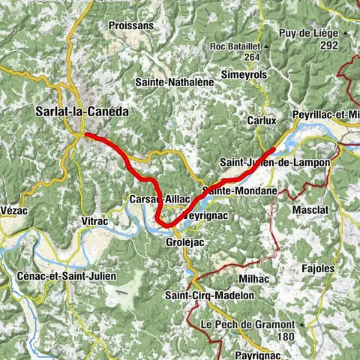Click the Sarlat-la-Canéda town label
pyautogui.click(x=82, y=111)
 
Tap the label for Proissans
pyautogui.click(x=131, y=25)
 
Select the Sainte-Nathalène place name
pyautogui.click(x=170, y=81)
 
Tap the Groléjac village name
pyautogui.click(x=184, y=243)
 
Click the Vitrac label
pyautogui.click(x=94, y=222)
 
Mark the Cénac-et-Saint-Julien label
pyautogui.click(x=66, y=276)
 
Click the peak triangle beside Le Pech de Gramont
pyautogui.click(x=301, y=324)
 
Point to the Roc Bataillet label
pyautogui.click(x=239, y=46)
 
